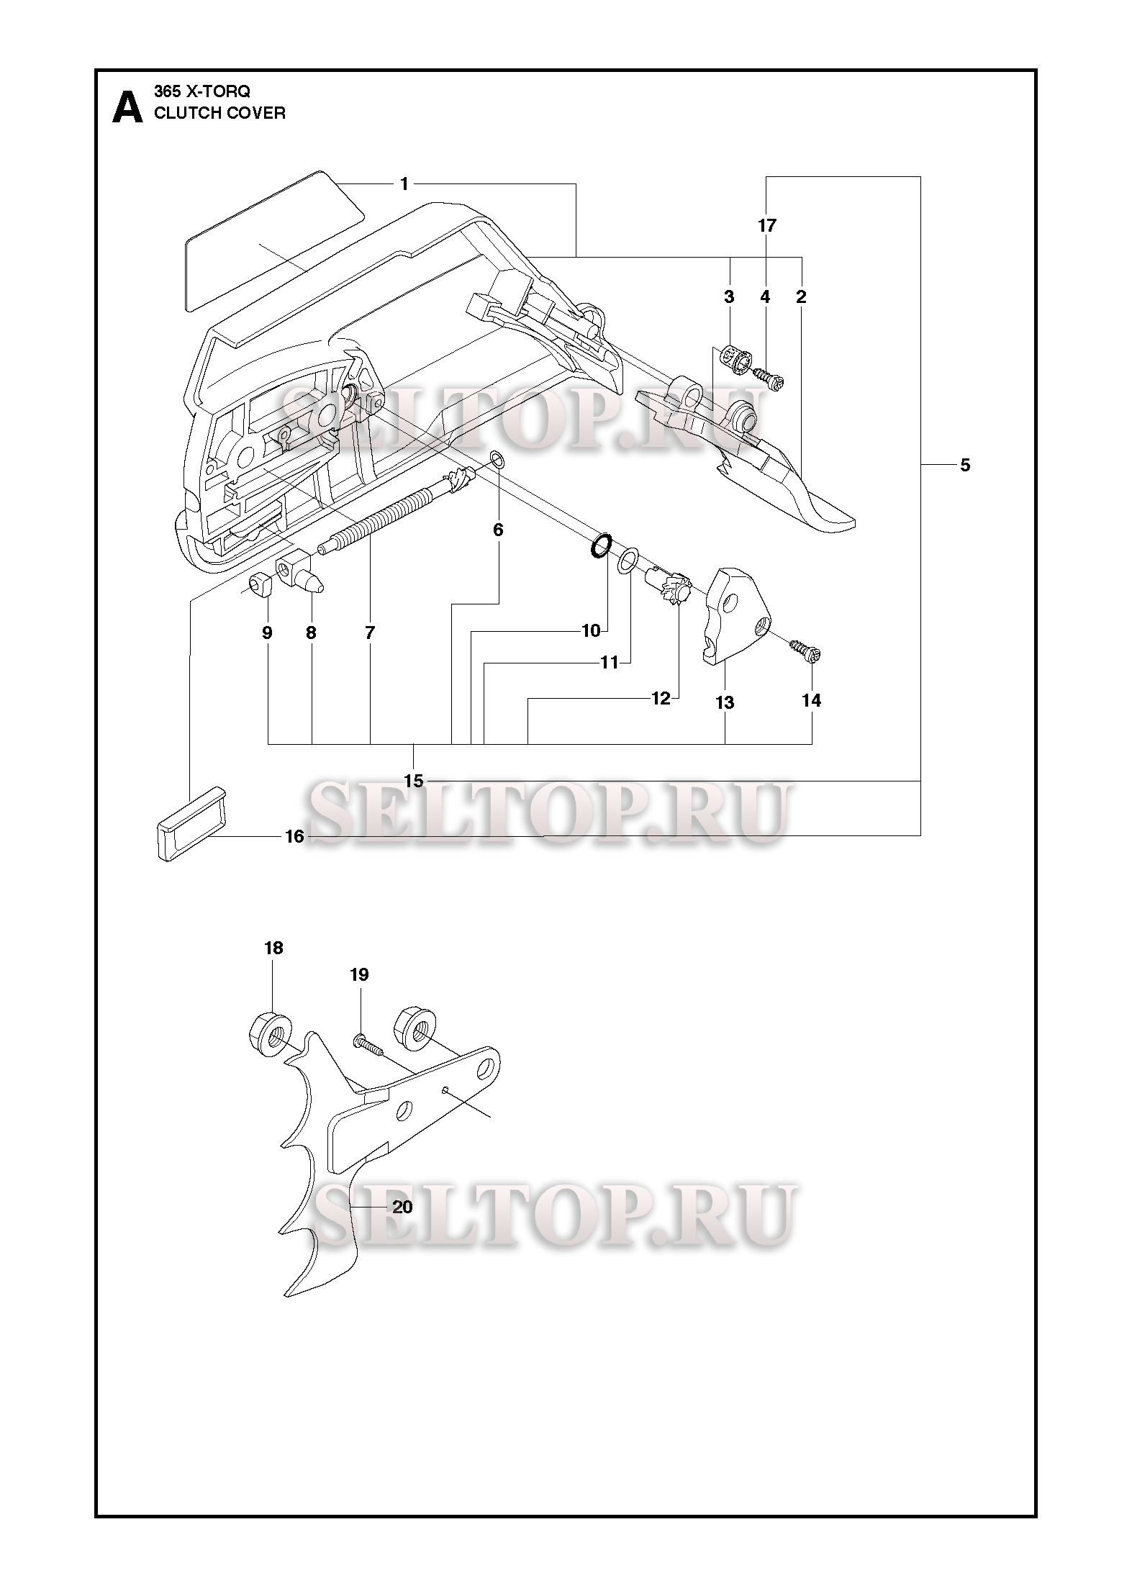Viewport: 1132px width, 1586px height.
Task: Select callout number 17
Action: (767, 225)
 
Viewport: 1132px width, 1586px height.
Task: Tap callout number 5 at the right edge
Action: (964, 466)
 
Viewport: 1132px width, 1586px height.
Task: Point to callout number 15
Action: (414, 780)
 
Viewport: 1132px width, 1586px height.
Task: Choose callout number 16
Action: (295, 836)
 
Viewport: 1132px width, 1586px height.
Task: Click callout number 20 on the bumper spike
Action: (402, 1207)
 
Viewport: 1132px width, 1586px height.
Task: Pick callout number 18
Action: (273, 948)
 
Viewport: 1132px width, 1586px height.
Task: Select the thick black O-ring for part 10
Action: (602, 546)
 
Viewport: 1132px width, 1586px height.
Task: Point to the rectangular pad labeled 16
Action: (189, 823)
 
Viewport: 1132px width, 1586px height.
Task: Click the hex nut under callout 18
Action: (271, 1037)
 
